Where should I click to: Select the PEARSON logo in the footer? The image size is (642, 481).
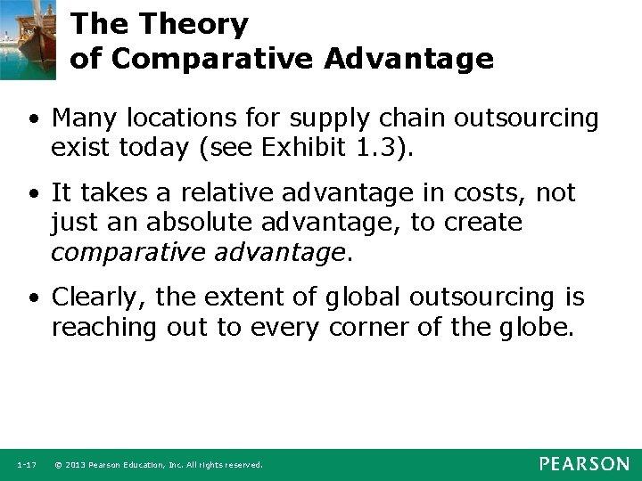(x=583, y=464)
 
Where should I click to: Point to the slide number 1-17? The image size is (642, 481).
(x=26, y=465)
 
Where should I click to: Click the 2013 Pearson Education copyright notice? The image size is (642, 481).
(x=158, y=465)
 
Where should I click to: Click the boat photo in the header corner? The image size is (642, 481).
(x=29, y=36)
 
